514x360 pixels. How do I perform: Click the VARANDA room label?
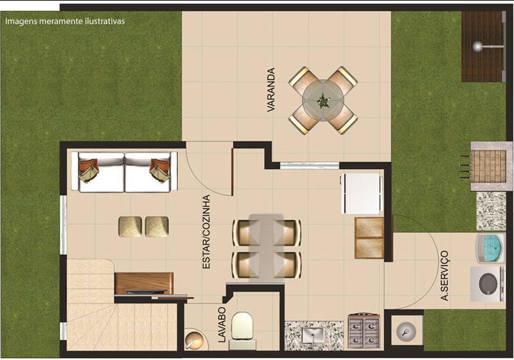pos(270,90)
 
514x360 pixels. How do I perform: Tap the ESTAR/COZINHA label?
pos(206,232)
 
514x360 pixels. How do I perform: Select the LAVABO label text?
pos(222,325)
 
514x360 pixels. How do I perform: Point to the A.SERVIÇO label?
pos(445,276)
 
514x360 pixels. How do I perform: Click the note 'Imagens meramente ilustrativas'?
pos(65,21)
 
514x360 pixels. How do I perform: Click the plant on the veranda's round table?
pos(323,100)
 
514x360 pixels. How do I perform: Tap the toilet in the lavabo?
pos(242,330)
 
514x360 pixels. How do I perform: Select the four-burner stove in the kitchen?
pos(364,331)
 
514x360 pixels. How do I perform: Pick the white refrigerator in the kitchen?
pos(362,194)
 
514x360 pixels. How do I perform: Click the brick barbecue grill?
pos(488,166)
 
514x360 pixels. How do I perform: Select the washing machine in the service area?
pos(488,284)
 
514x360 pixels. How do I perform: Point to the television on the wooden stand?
pos(144,291)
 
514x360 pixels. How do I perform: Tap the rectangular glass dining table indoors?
pos(266,248)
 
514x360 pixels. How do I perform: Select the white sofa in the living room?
pos(125,172)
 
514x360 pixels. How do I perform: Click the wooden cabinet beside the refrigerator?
pos(369,238)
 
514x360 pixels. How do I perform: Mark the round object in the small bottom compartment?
pos(406,330)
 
